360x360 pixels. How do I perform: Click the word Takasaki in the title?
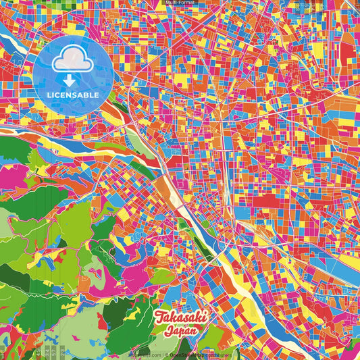coord(180,318)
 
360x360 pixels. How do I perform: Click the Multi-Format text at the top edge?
coord(180,3)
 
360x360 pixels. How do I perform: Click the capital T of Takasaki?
coord(160,317)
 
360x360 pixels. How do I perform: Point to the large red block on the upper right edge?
coord(347,51)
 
